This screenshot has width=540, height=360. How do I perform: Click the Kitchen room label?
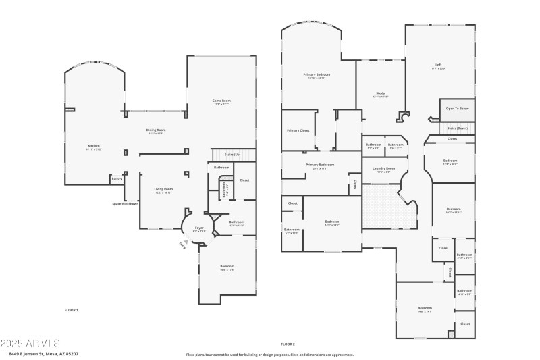point(94,146)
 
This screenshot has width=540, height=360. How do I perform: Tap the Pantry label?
point(117,179)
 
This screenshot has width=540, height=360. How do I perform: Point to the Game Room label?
point(221,101)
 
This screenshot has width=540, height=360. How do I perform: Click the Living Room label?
point(163,189)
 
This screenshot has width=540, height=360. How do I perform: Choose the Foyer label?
point(199,228)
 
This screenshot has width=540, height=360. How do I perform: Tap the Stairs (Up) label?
point(232,155)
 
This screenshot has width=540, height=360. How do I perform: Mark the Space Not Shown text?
point(126,203)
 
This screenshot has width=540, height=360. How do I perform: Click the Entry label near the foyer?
point(182,245)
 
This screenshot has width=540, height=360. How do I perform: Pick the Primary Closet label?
point(298,130)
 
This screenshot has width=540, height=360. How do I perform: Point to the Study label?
point(380,93)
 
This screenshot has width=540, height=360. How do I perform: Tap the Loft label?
point(438,65)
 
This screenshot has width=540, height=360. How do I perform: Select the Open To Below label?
point(458,109)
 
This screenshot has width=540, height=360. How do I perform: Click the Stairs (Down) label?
point(457,128)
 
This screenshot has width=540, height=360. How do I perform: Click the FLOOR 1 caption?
point(71,309)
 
